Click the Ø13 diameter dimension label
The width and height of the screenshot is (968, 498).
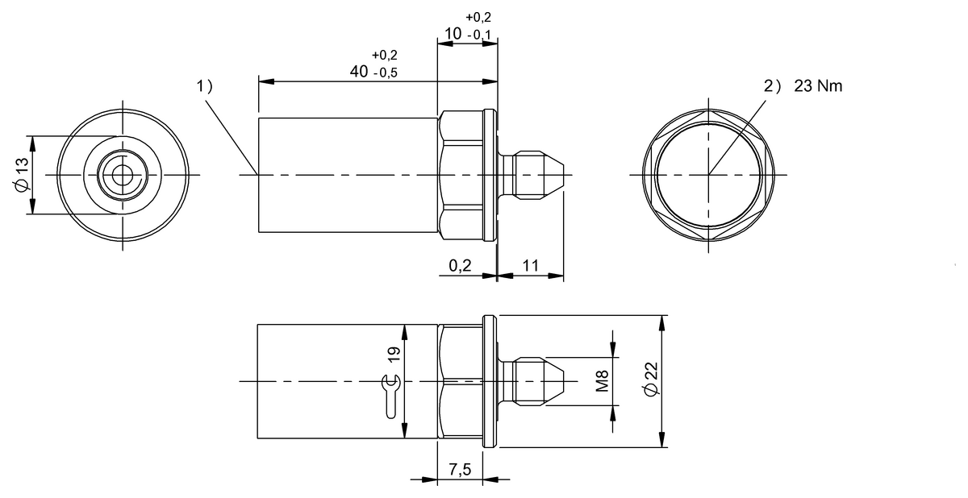[x=22, y=174]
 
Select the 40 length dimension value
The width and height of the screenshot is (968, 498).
[x=360, y=71]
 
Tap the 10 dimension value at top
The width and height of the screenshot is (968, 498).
[x=453, y=34]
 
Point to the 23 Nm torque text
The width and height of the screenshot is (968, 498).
[x=818, y=86]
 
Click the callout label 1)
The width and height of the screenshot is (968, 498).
[x=205, y=86]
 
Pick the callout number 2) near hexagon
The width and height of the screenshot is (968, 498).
[x=774, y=86]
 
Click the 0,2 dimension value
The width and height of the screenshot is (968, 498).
[x=460, y=264]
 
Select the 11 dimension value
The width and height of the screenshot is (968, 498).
[x=530, y=264]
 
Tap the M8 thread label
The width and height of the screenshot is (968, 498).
[x=601, y=380]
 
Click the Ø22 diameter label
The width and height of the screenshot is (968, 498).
[x=652, y=379]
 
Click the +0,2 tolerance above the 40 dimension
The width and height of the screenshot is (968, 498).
[x=384, y=55]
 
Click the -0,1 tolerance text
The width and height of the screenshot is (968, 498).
[x=482, y=35]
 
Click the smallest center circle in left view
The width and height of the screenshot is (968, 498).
[x=123, y=174]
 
